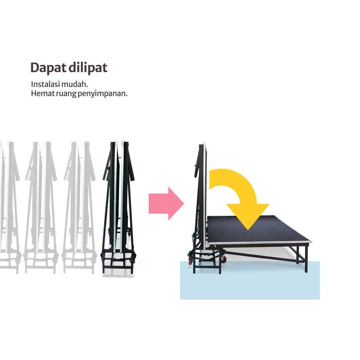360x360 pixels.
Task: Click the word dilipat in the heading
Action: (x=88, y=67)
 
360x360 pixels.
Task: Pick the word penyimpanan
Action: (x=103, y=93)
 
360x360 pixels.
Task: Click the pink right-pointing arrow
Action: (x=166, y=203)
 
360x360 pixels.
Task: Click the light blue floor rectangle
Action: (x=258, y=285)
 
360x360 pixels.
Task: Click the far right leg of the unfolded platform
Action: (x=305, y=258)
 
